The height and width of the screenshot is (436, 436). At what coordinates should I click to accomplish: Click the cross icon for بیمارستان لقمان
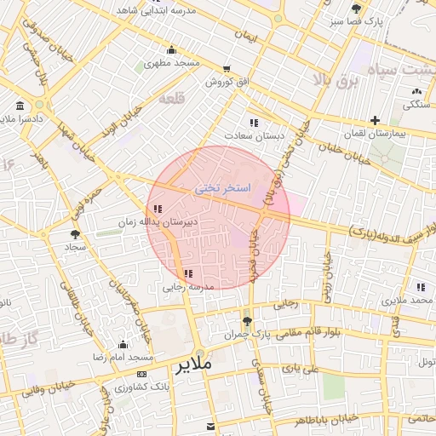click(x=374, y=119)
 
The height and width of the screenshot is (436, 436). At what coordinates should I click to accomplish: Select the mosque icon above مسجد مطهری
click(x=172, y=49)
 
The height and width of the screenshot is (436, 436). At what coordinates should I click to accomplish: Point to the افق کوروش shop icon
click(x=226, y=69)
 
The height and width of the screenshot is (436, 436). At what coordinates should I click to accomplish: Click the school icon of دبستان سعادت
click(x=252, y=123)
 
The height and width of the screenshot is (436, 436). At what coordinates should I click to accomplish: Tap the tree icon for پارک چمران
click(x=248, y=321)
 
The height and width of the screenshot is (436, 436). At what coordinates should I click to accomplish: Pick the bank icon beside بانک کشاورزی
click(x=141, y=374)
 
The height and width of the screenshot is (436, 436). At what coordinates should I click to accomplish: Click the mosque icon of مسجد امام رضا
click(x=123, y=345)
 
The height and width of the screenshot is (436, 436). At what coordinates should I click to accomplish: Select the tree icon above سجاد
click(x=76, y=232)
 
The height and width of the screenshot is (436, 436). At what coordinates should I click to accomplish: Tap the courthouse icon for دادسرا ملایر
click(x=19, y=106)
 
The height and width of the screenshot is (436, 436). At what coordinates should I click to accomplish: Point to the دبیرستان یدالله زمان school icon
click(x=157, y=209)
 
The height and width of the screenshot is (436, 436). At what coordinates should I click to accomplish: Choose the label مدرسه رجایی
click(x=186, y=288)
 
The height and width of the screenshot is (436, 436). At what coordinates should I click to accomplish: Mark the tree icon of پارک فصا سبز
click(x=356, y=9)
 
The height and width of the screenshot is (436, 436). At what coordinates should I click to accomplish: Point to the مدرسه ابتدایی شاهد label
click(x=168, y=11)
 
